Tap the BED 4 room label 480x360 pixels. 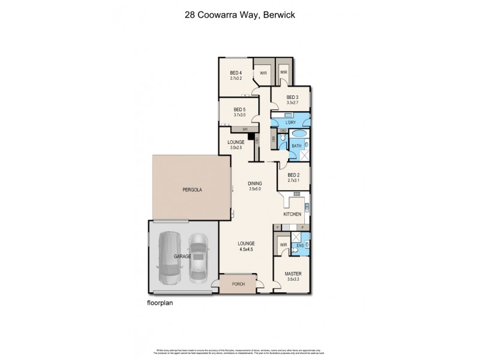(x=235, y=74)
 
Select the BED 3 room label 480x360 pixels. (x=292, y=98)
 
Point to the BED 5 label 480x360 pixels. (x=239, y=109)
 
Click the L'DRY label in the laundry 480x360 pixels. (x=291, y=123)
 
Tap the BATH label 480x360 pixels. (x=296, y=146)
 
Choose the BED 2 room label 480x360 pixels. (x=293, y=175)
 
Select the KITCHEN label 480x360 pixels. (x=292, y=214)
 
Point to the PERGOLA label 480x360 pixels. (x=192, y=189)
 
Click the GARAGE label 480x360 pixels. (x=183, y=256)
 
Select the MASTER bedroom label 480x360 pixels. (x=292, y=274)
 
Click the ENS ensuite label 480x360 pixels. (x=300, y=245)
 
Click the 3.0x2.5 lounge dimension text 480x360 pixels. (x=236, y=147)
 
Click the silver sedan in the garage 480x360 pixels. (x=199, y=258)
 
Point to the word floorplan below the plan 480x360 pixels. (x=160, y=304)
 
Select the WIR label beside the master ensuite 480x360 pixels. (x=283, y=245)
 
